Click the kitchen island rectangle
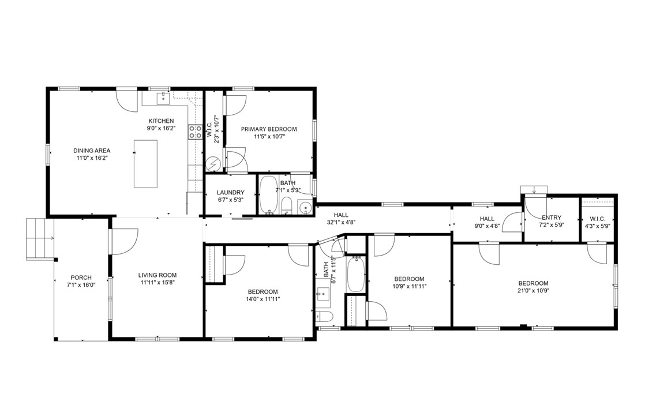(x=145, y=164)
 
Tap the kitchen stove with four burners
(x=195, y=132)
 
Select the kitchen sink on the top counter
(x=164, y=98)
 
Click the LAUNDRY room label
(x=230, y=192)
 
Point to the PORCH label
(x=81, y=277)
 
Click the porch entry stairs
(x=39, y=238)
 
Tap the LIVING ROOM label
(x=157, y=275)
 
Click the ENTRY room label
(x=551, y=217)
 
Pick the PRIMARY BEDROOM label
(x=269, y=129)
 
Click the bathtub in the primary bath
(x=269, y=195)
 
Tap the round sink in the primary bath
(x=305, y=207)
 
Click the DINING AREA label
(x=92, y=151)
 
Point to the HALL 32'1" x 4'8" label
(x=341, y=218)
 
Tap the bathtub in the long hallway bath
(x=356, y=275)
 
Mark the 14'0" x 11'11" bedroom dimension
(x=263, y=299)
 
